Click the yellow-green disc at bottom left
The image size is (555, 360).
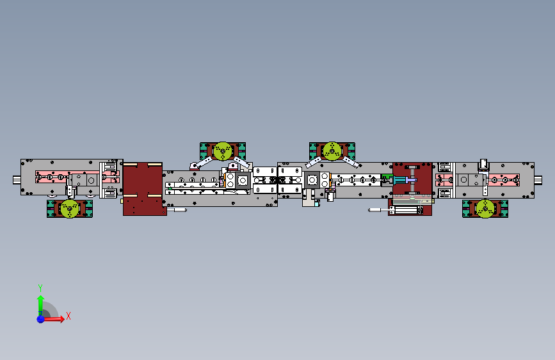[70, 208]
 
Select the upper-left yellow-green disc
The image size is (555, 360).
[223, 151]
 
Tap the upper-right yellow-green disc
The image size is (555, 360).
[332, 151]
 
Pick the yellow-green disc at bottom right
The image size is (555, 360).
[485, 208]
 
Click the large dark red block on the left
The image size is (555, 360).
[143, 189]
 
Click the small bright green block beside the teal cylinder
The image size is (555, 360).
[387, 176]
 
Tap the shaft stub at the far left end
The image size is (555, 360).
[17, 180]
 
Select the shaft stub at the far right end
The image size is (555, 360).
[538, 180]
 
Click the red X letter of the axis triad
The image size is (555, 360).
[68, 316]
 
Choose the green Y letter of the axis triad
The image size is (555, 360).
[40, 288]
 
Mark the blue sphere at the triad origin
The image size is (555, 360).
[41, 319]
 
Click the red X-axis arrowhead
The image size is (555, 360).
[62, 318]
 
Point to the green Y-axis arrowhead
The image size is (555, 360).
[41, 299]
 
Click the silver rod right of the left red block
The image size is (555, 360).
[177, 209]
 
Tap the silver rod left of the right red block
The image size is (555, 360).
[378, 210]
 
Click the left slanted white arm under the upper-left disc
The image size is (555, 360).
[202, 163]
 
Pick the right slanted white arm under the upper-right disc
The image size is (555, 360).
[350, 162]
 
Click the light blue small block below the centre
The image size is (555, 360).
[317, 204]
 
